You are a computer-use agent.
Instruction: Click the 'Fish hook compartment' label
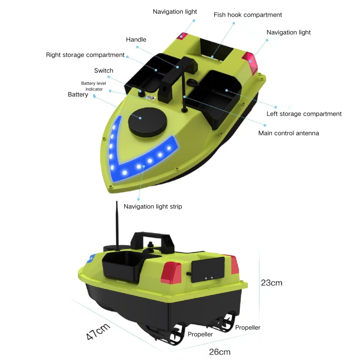pos(247,15)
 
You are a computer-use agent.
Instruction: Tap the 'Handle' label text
pos(136,40)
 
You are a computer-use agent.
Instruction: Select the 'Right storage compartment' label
pos(85,55)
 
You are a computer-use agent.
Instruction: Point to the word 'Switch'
pos(103,71)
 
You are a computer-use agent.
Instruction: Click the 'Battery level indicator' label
pos(94,86)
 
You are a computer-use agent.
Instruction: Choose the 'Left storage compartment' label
pos(304,114)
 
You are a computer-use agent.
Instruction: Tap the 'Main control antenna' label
pos(288,133)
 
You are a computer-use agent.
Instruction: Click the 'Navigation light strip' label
pos(153,207)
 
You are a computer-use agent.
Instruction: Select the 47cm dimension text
pos(98,332)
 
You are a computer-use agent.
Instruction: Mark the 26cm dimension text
pos(220,352)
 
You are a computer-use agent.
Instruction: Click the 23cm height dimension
pos(271,283)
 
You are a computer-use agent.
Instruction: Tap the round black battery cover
pos(148,122)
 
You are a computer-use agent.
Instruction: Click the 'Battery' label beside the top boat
pos(78,94)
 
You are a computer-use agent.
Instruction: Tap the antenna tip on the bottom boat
pos(117,202)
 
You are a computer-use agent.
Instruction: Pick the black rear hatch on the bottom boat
pos(208,270)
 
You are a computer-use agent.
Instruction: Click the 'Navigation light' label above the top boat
pos(175,12)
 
